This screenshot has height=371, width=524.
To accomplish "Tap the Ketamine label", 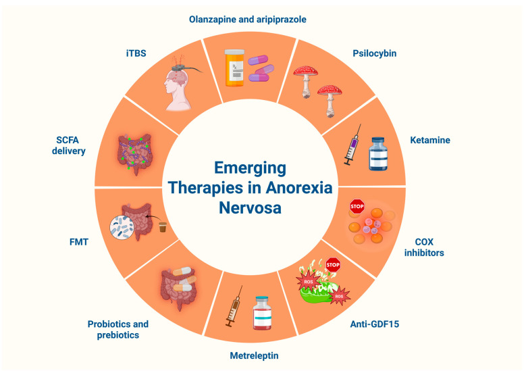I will click(430, 141).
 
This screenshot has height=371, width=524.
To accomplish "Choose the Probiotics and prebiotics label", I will click(118, 329).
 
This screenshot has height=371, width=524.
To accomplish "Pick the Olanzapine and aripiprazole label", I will click(247, 20).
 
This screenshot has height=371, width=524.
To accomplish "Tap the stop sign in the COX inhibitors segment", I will click(357, 206).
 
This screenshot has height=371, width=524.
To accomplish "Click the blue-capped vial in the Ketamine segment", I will click(376, 154).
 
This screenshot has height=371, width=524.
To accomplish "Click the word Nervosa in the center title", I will click(250, 207).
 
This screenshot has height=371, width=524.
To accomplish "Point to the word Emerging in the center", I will click(250, 168).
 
